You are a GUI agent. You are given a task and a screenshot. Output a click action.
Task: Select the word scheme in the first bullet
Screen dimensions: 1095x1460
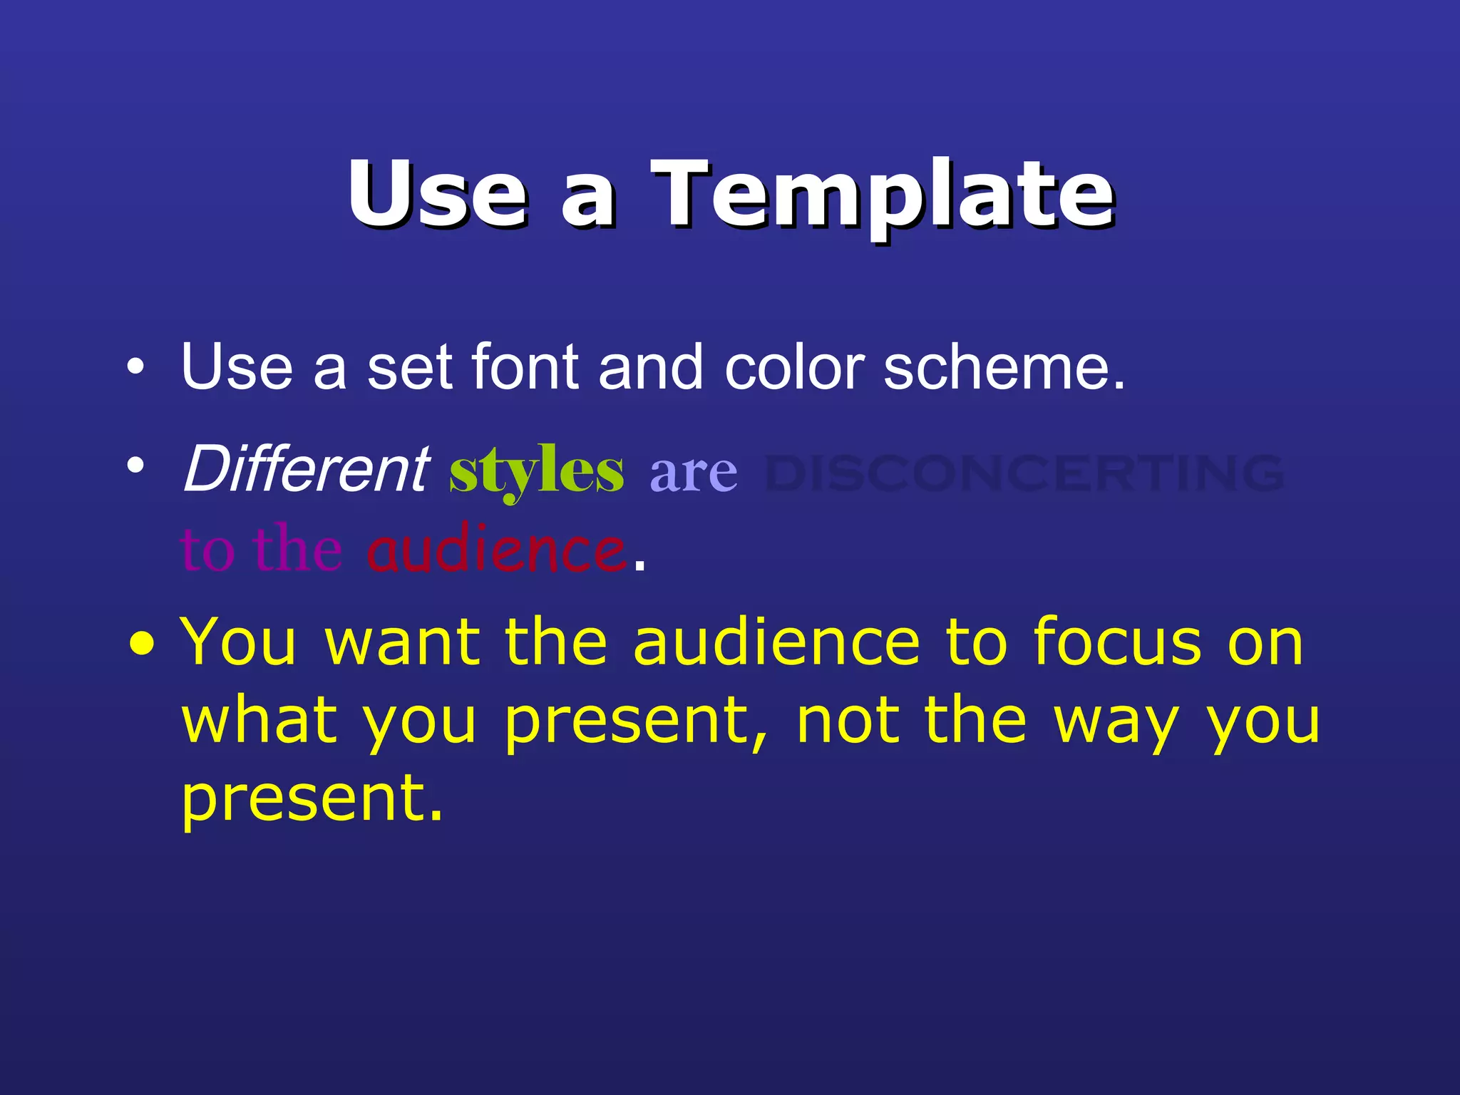(x=1004, y=368)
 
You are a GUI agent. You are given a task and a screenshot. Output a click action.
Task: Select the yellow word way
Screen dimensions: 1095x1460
(x=1116, y=721)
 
